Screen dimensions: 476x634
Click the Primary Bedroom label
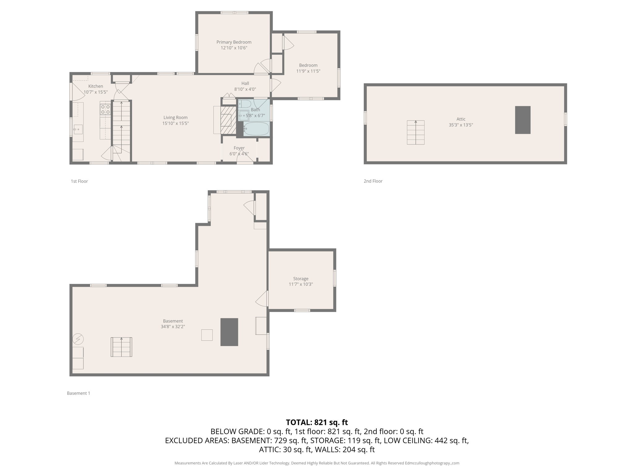coord(234,42)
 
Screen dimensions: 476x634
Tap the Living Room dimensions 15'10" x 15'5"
coord(176,123)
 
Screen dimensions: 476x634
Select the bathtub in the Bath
coord(256,129)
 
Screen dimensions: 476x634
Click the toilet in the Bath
coord(245,104)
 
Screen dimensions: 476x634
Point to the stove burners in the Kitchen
coord(105,109)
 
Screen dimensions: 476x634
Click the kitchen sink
coord(78,129)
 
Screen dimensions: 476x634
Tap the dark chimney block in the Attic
coord(523,120)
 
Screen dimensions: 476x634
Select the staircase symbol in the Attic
coord(415,132)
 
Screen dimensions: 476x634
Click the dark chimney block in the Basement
coord(229,332)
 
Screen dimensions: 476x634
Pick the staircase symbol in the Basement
coord(121,347)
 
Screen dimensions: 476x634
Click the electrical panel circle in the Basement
coord(78,339)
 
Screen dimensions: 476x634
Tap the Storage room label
coord(301,279)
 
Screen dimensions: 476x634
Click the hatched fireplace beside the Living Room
coord(228,120)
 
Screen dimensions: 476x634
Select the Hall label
coord(245,83)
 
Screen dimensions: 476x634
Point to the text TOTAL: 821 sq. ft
coord(317,422)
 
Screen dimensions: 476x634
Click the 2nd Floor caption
coord(373,181)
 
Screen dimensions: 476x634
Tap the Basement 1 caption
coord(78,393)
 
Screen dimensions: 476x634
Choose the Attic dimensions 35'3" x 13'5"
coord(461,125)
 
